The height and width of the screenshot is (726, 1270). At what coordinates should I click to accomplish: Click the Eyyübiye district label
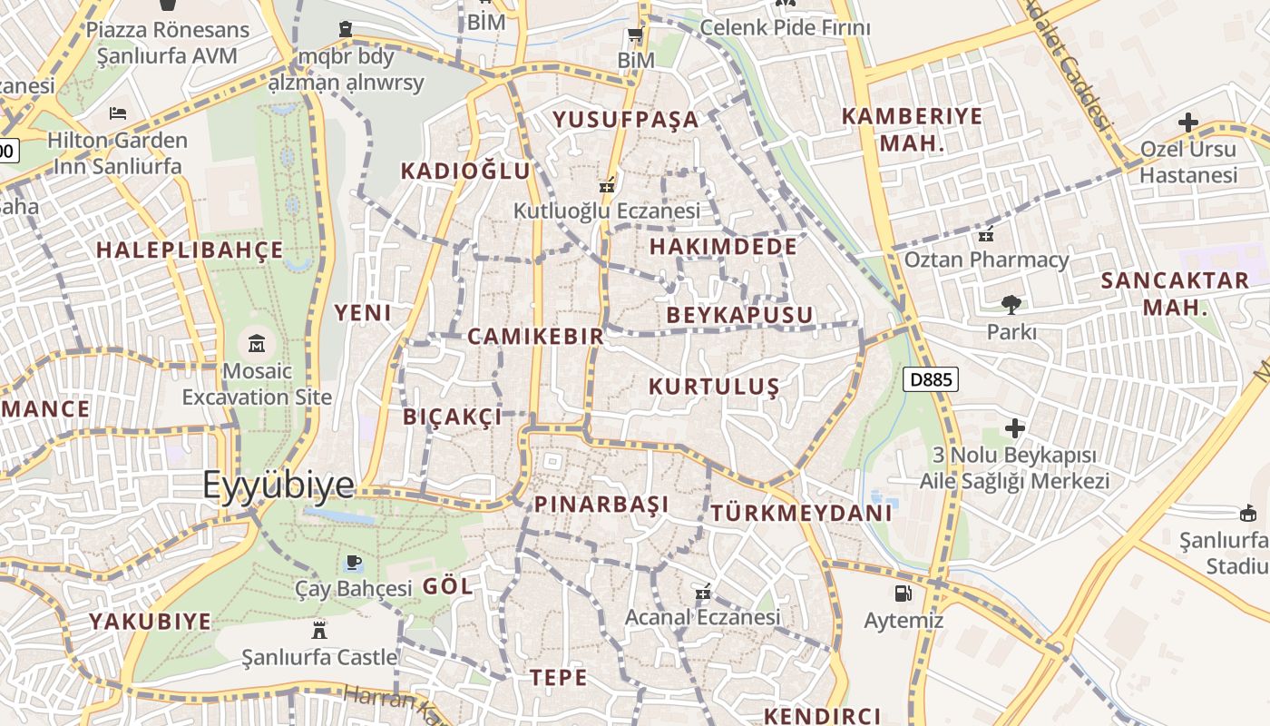(x=278, y=485)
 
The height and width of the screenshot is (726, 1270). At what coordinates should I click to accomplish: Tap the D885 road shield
(x=931, y=378)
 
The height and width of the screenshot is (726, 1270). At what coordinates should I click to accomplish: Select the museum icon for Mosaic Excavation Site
(x=257, y=344)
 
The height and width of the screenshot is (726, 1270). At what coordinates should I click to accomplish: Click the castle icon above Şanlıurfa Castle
(x=318, y=629)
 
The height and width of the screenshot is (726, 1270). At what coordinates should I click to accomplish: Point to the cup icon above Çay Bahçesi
(x=354, y=563)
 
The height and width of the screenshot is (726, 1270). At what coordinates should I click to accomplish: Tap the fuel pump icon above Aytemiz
(x=903, y=594)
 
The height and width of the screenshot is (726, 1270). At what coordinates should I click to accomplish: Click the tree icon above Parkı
(x=1011, y=305)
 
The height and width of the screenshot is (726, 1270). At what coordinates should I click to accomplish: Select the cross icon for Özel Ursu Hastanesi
(x=1188, y=122)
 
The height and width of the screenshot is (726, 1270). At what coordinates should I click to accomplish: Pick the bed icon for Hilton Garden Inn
(x=118, y=113)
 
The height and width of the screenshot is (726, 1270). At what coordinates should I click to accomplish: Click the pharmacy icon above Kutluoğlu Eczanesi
(x=606, y=185)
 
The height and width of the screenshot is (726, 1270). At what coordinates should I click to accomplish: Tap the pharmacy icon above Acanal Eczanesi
(x=702, y=593)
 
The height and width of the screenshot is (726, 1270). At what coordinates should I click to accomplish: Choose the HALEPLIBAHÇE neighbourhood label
(x=190, y=250)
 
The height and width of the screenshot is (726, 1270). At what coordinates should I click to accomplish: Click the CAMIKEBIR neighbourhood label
(x=535, y=337)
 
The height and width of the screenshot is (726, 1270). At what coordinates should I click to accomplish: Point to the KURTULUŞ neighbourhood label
(x=714, y=387)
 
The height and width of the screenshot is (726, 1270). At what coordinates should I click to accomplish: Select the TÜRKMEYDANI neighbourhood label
(x=802, y=513)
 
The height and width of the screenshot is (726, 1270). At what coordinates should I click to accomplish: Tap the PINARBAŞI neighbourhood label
(x=601, y=505)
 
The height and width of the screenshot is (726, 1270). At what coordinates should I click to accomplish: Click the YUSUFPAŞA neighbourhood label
(x=626, y=119)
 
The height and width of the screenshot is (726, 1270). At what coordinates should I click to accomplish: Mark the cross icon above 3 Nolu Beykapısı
(x=1014, y=427)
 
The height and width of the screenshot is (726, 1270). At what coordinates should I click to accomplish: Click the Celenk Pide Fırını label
(x=785, y=27)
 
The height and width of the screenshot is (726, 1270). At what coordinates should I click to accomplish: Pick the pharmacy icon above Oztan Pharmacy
(x=986, y=235)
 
